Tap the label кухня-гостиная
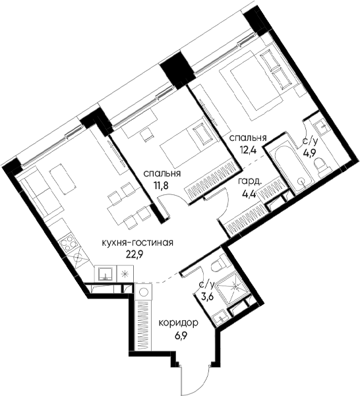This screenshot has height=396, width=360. coord(137,243)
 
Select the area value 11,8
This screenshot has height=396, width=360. coord(162,184)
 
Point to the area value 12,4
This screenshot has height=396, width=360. coord(248,150)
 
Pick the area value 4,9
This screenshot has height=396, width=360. coord(309,154)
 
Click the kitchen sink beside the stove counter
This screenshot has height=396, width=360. coord(105,273)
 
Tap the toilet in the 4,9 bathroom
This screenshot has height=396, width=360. coord(321,167)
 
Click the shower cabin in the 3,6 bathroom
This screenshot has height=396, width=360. coord(234,290)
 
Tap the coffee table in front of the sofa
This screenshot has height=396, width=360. coord(63,179)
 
